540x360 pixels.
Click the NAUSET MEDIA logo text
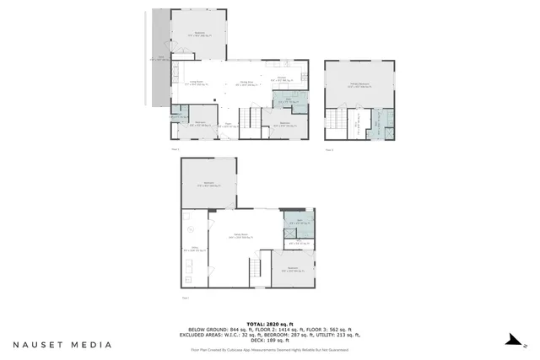tap(62, 344)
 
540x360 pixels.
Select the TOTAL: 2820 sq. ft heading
tap(269, 323)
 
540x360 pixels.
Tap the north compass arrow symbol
tap(509, 341)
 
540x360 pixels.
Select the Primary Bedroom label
tap(359, 85)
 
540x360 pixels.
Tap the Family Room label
tap(240, 236)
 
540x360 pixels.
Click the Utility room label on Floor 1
tap(192, 248)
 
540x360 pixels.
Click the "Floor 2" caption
tap(175, 148)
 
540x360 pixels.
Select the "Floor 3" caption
tap(330, 148)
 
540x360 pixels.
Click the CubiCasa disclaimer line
tap(269, 348)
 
